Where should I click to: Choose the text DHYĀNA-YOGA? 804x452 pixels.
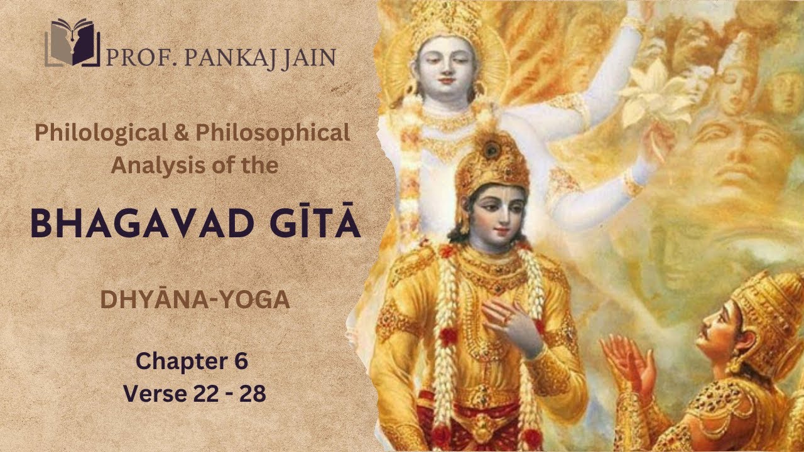195,300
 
